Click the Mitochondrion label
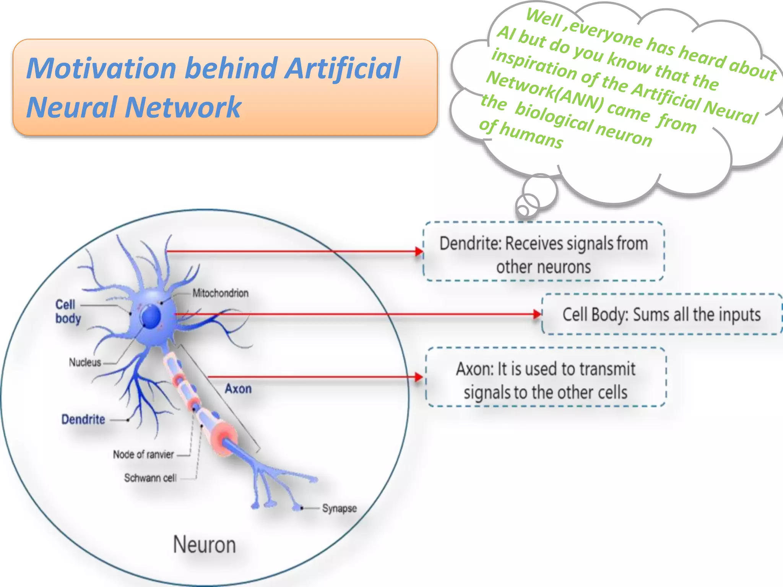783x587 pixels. tap(220, 293)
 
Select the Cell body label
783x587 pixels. tap(68, 311)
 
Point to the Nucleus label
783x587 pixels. tap(85, 362)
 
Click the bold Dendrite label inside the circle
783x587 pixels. tap(83, 420)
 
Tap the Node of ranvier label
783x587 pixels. tap(143, 454)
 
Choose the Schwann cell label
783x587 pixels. tap(150, 478)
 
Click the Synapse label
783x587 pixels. tap(339, 509)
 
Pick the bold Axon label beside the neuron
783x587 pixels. tap(238, 389)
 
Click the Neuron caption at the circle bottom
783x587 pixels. tap(204, 545)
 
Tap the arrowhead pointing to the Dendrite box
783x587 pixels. tap(419, 251)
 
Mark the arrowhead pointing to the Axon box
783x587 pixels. tap(419, 377)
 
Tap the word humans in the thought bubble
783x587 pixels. tap(531, 136)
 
